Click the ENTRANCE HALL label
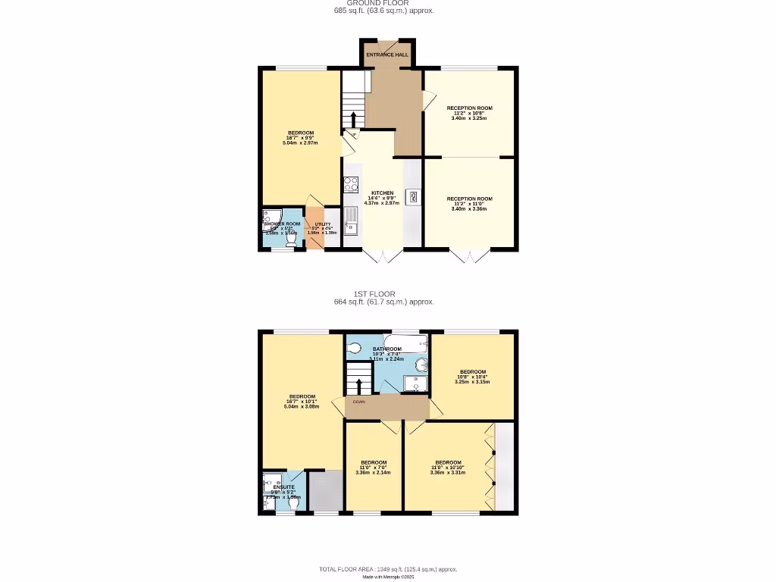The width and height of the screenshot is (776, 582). point(387,55)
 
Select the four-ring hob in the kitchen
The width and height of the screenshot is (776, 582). point(351,184)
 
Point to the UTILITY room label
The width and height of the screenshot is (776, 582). point(323,224)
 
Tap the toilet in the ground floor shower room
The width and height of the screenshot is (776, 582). point(292,236)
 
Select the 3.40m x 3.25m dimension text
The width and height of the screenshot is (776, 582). point(469,118)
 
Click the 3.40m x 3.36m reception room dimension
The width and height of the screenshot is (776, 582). point(469,208)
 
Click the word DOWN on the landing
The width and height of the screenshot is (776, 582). point(358,402)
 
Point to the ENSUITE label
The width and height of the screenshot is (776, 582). point(283,487)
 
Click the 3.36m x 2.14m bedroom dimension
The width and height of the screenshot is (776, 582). point(373,473)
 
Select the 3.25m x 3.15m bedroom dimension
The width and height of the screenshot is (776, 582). point(472,382)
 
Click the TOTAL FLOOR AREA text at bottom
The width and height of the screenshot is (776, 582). point(387,569)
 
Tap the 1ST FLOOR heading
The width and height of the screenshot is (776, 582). point(374,294)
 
